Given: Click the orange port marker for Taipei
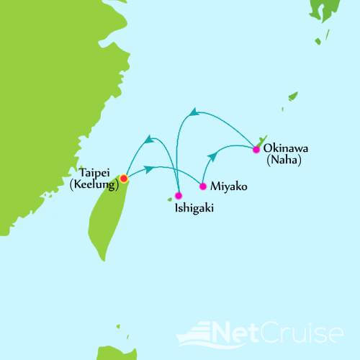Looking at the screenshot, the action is click(124, 178).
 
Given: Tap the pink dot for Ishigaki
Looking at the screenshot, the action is click(179, 195).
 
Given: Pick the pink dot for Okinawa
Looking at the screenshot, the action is click(256, 150).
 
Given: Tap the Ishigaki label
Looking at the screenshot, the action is click(193, 210).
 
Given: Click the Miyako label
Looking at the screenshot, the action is click(231, 186).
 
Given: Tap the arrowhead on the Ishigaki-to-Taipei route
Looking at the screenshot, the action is click(149, 139).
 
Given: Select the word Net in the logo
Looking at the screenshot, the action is click(246, 334).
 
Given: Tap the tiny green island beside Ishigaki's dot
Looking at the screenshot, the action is click(171, 199).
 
